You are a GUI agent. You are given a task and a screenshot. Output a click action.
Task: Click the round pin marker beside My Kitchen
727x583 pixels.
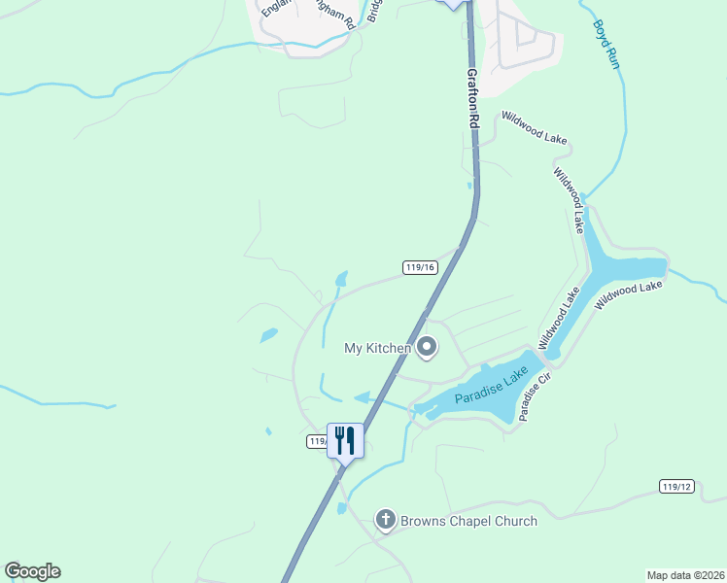pyautogui.click(x=427, y=347)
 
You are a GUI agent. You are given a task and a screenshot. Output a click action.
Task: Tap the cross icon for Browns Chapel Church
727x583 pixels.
pyautogui.click(x=385, y=521)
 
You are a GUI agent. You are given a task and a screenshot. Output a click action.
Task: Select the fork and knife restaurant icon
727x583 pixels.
pyautogui.click(x=345, y=440)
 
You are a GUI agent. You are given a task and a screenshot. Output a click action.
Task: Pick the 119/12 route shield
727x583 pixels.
pyautogui.click(x=675, y=486)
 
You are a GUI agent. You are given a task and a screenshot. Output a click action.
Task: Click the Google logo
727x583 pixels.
pyautogui.click(x=32, y=570)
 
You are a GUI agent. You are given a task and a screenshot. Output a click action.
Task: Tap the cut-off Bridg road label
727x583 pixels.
pyautogui.click(x=373, y=13)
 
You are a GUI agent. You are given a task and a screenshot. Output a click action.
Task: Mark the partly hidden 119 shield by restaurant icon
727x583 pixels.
pyautogui.click(x=317, y=441)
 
